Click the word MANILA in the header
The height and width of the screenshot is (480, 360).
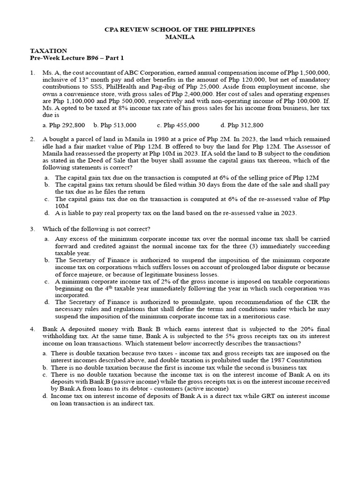180,37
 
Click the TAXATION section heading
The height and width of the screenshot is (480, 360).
49,51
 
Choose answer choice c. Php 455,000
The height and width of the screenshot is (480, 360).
178,125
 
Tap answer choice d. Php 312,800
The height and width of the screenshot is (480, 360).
241,125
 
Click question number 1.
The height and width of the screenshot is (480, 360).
32,73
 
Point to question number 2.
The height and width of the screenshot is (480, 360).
32,139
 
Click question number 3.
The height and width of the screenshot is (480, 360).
32,229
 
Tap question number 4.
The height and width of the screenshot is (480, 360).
32,329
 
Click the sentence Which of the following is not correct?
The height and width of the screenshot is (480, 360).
97,229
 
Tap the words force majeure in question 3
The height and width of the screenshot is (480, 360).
71,274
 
